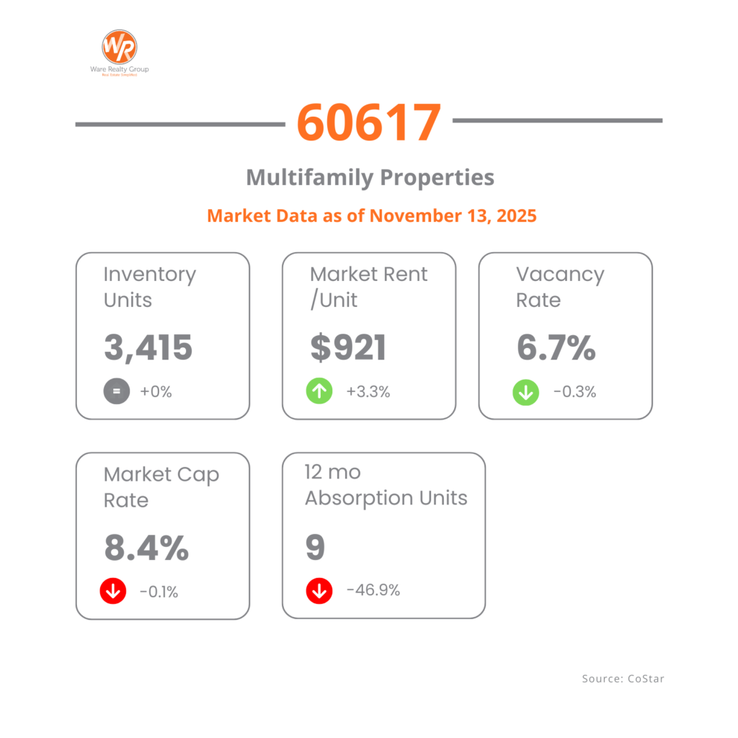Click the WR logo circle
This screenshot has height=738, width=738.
(119, 46)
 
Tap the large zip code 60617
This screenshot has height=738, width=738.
(368, 123)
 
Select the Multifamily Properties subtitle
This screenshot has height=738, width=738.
(370, 177)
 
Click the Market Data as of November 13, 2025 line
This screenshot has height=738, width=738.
(372, 215)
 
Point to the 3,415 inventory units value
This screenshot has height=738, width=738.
(148, 348)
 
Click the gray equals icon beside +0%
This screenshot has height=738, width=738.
(117, 392)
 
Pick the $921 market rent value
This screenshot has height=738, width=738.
(349, 348)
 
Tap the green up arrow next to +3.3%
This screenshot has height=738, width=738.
(319, 392)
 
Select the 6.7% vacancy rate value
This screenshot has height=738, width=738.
(556, 348)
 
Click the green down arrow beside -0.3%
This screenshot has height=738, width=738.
(526, 392)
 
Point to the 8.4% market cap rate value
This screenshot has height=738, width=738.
(146, 548)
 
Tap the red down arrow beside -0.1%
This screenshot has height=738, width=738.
(113, 592)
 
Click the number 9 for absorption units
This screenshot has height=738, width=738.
(316, 548)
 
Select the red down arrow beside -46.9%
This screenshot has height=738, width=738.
(319, 591)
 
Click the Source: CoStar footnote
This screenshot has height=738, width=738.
(618, 679)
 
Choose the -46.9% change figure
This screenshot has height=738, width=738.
(373, 591)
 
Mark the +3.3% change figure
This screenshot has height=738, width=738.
(368, 392)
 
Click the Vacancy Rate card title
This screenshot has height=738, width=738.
(559, 287)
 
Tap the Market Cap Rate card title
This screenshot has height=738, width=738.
(161, 487)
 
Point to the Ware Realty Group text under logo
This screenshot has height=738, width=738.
(119, 69)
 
